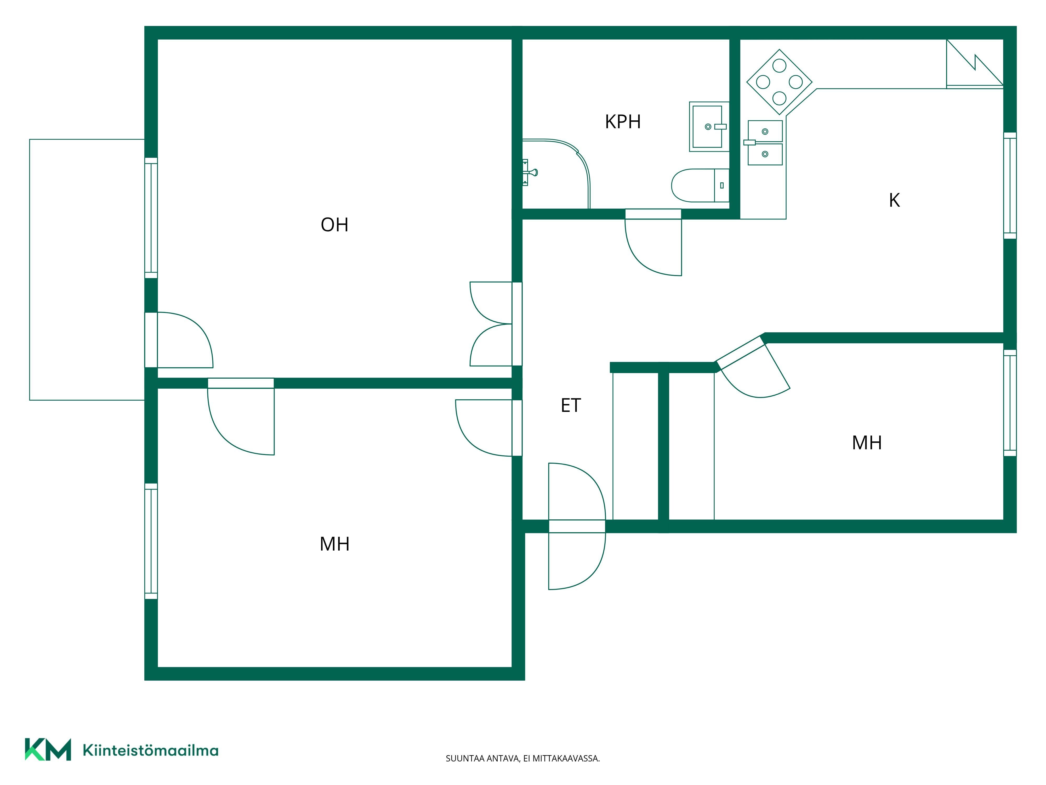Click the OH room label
[334, 225]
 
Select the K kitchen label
[894, 201]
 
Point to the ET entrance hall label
[571, 406]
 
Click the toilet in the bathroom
[700, 186]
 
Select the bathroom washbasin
[709, 126]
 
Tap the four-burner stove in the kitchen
[779, 82]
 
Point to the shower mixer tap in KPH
[530, 172]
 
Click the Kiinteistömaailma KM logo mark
[48, 749]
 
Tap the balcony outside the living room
[87, 270]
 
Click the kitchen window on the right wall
[1010, 186]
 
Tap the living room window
[151, 218]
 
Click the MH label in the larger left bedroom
[334, 544]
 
